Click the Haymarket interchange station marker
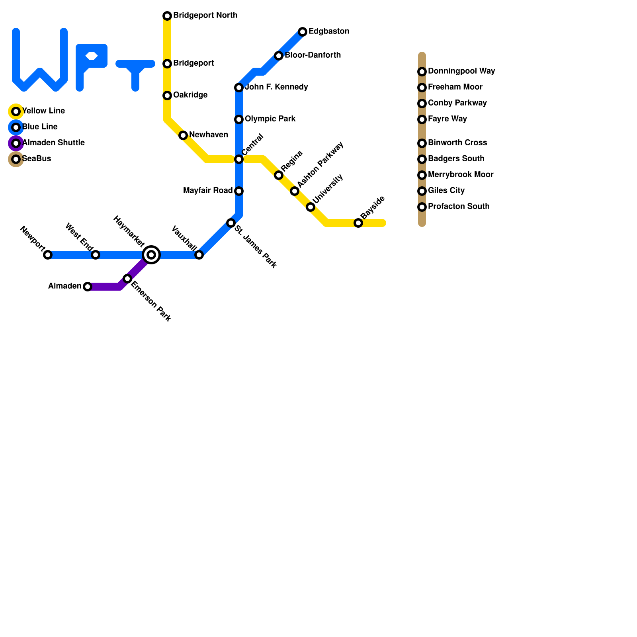click(x=151, y=255)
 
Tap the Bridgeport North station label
click(x=205, y=16)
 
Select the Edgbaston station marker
click(x=303, y=32)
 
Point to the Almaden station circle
click(x=88, y=287)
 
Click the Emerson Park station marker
click(x=127, y=279)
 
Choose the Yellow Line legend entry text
click(x=43, y=111)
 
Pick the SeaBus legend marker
click(x=16, y=159)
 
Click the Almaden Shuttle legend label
click(x=53, y=143)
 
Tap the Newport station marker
click(x=48, y=255)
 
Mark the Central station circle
click(x=239, y=159)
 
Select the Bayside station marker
click(x=358, y=223)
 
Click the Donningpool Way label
click(x=461, y=71)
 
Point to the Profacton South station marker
click(x=422, y=207)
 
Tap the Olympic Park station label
click(x=270, y=119)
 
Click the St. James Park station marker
click(x=231, y=223)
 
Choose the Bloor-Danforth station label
click(x=313, y=55)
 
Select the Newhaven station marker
click(x=183, y=135)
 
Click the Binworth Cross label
click(x=457, y=143)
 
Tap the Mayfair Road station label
click(x=208, y=191)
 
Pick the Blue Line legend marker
click(x=16, y=127)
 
